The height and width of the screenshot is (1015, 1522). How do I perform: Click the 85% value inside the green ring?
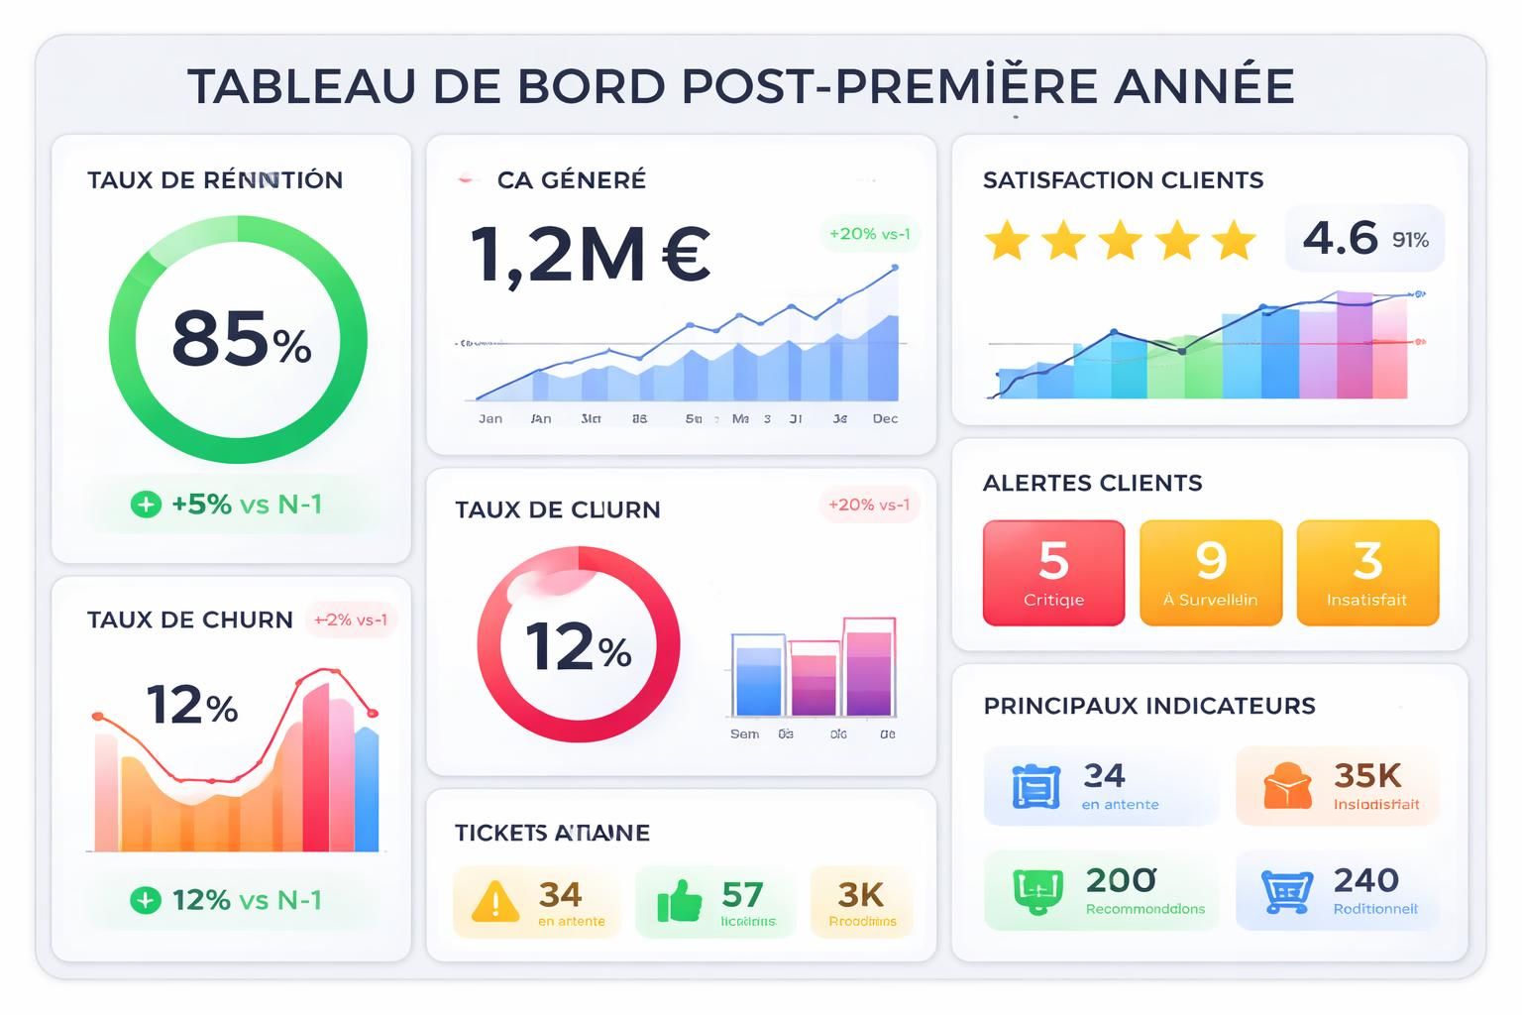pyautogui.click(x=241, y=339)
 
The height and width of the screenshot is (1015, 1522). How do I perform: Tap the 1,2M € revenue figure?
pyautogui.click(x=590, y=256)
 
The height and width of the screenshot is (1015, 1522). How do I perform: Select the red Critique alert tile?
pyautogui.click(x=1053, y=573)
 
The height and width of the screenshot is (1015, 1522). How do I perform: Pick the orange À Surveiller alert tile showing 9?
pyautogui.click(x=1211, y=573)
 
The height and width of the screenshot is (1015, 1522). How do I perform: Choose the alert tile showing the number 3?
pyautogui.click(x=1367, y=573)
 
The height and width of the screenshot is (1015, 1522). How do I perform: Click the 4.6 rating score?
pyautogui.click(x=1340, y=238)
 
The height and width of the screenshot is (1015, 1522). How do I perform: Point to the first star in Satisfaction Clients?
pyautogui.click(x=1007, y=241)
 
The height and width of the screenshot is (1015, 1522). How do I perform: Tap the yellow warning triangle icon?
pyautogui.click(x=494, y=902)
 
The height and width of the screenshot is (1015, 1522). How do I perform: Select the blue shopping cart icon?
pyautogui.click(x=1286, y=890)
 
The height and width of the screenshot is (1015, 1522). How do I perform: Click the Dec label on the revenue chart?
pyautogui.click(x=885, y=419)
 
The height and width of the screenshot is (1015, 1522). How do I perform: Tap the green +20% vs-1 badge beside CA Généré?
pyautogui.click(x=869, y=234)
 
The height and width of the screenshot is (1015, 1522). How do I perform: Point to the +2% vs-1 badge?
pyautogui.click(x=350, y=620)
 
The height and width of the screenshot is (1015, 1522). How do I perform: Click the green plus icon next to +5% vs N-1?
pyautogui.click(x=146, y=505)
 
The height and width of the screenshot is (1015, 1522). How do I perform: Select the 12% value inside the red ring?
pyautogui.click(x=578, y=646)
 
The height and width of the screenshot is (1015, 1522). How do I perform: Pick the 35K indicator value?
pyautogui.click(x=1366, y=775)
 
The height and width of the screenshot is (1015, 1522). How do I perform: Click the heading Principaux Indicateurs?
pyautogui.click(x=1148, y=706)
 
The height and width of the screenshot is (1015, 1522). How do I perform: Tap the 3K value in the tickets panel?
pyautogui.click(x=860, y=895)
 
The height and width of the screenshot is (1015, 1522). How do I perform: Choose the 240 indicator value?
pyautogui.click(x=1365, y=880)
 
